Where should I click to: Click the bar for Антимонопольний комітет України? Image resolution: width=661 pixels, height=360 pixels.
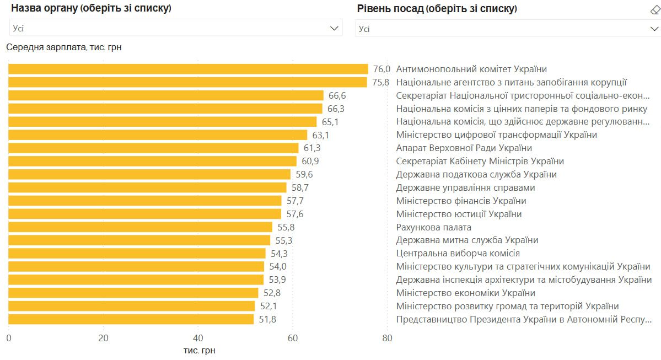(188, 69)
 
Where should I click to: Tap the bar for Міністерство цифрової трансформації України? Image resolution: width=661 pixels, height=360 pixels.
(158, 135)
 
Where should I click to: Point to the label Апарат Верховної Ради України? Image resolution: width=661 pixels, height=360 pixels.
(464, 148)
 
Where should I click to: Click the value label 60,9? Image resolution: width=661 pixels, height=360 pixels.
(310, 161)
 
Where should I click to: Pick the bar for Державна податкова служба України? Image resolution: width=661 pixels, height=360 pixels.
(149, 174)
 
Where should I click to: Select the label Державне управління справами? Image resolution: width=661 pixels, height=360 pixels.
(465, 187)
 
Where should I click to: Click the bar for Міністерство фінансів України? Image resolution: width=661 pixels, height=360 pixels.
(145, 201)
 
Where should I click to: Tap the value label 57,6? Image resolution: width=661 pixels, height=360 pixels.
(295, 214)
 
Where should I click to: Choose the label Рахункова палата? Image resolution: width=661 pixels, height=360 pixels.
(433, 227)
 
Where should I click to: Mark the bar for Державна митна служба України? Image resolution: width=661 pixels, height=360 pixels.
(139, 240)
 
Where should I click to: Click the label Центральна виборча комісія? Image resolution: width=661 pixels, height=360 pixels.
(458, 254)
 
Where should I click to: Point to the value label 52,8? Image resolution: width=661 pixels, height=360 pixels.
(272, 293)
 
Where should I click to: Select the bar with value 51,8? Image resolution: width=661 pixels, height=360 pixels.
(131, 319)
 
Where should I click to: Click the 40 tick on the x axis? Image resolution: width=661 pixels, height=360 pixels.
(198, 338)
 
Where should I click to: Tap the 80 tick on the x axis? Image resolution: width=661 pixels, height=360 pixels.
(387, 338)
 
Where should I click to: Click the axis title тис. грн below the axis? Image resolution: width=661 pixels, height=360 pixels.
(199, 351)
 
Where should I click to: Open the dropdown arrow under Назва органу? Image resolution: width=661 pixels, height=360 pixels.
(334, 28)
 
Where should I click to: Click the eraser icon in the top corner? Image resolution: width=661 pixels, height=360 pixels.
(655, 9)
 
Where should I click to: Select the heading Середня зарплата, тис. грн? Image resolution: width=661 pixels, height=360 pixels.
(64, 47)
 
